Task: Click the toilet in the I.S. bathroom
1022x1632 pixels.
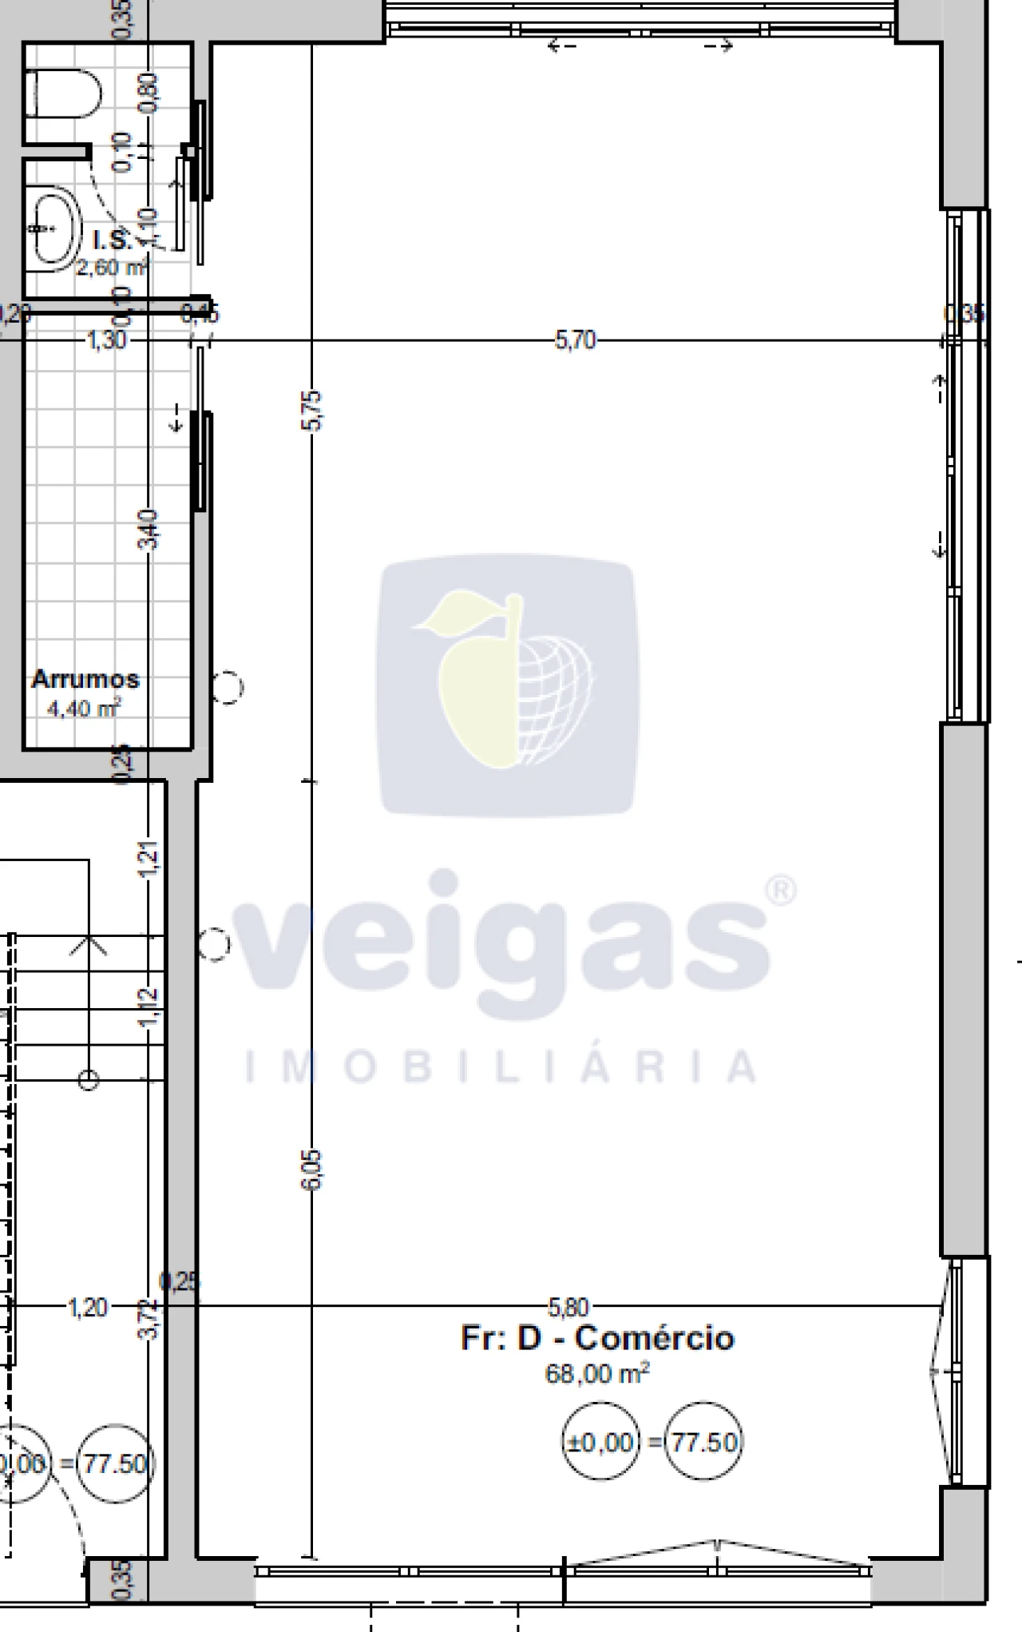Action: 64,94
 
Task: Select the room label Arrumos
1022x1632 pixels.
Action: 85,680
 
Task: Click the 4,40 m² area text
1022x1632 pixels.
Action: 84,708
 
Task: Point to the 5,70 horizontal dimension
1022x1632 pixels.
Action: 575,341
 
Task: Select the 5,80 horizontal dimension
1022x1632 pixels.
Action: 568,1307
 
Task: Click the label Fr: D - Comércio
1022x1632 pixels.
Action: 597,1338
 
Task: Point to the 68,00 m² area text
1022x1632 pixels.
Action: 597,1373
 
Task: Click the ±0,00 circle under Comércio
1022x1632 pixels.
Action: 600,1442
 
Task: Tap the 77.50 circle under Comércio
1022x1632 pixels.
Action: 703,1442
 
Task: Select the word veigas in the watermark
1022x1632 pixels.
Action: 503,943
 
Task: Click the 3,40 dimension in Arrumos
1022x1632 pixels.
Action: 149,529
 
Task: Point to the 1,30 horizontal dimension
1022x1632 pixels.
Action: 106,341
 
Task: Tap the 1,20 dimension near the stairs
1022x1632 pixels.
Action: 88,1308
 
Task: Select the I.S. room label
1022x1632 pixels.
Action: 112,240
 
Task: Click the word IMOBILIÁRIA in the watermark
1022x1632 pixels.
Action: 501,1066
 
